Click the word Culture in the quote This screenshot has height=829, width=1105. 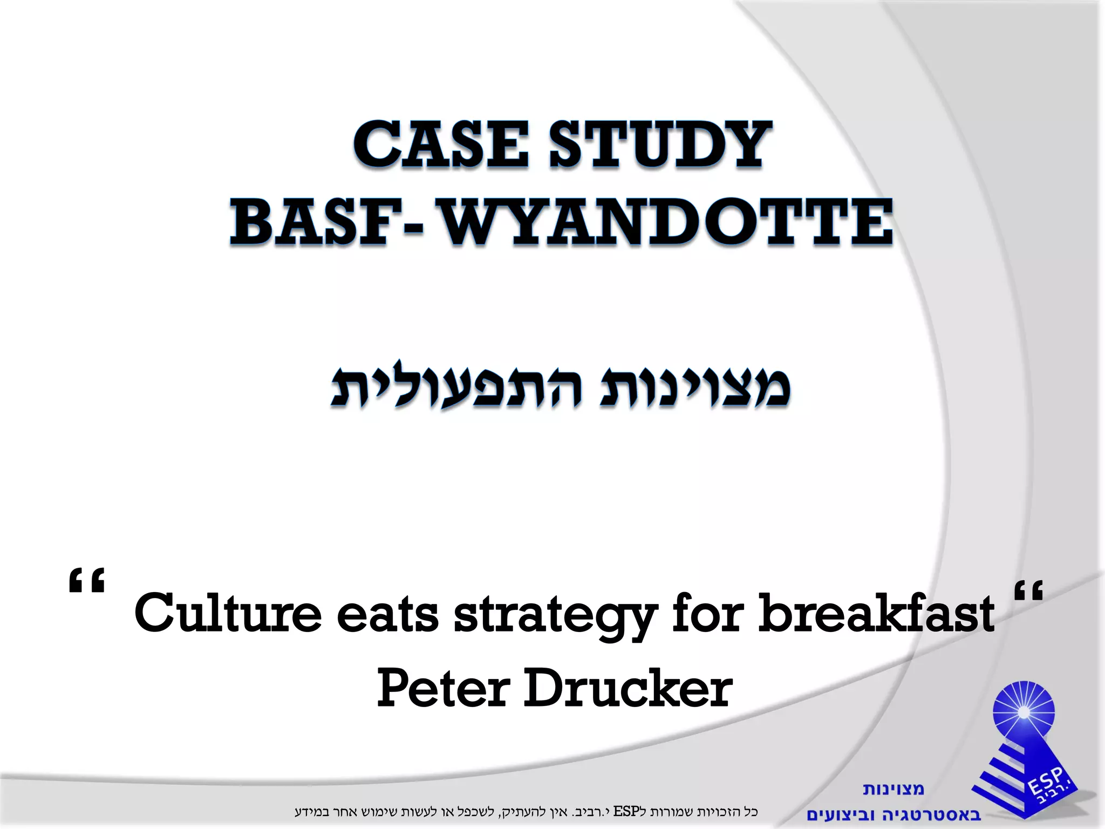tap(227, 614)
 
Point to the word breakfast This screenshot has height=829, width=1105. tap(876, 614)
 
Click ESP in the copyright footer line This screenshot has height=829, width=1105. tap(626, 811)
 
